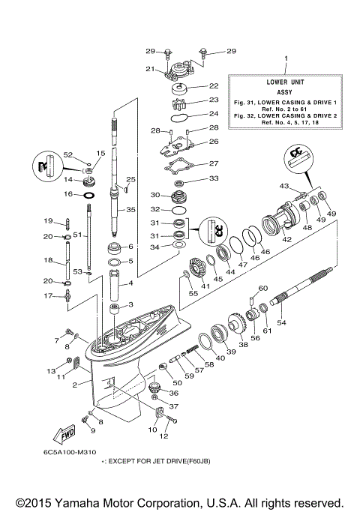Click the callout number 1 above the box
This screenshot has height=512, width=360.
click(x=284, y=59)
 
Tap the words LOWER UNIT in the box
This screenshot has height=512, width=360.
click(x=284, y=79)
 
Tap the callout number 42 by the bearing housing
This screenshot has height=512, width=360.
click(x=286, y=239)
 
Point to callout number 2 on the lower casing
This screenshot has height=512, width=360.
click(x=76, y=385)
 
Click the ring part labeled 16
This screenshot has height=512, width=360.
click(x=88, y=194)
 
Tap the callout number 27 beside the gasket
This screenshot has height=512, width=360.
click(x=213, y=163)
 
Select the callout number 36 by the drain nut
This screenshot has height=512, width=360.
click(x=173, y=392)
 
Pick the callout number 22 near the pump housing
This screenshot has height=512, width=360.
click(x=213, y=86)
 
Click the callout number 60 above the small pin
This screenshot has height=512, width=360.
click(x=262, y=288)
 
